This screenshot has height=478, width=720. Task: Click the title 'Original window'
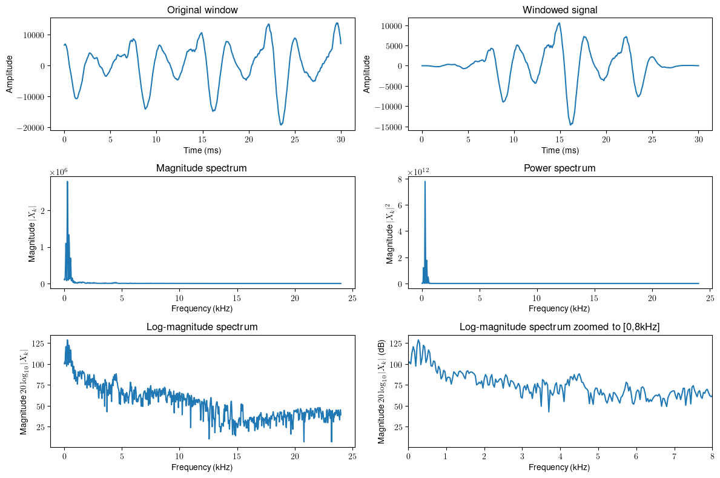202,10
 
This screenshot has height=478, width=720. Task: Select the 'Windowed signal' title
560,10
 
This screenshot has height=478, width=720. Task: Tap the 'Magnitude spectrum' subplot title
202,168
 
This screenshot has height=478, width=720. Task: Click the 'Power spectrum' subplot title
560,168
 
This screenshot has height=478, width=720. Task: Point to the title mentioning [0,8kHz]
560,327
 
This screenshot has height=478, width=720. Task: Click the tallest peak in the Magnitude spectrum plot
67,181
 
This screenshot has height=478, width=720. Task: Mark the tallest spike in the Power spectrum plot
425,181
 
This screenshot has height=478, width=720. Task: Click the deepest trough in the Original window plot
282,124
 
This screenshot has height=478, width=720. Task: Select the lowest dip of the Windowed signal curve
571,124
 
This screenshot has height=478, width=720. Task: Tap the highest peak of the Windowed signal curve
559,23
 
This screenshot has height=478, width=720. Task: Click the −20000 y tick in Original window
34,128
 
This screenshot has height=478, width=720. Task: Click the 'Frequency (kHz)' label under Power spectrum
560,308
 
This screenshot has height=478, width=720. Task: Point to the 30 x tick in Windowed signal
699,139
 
